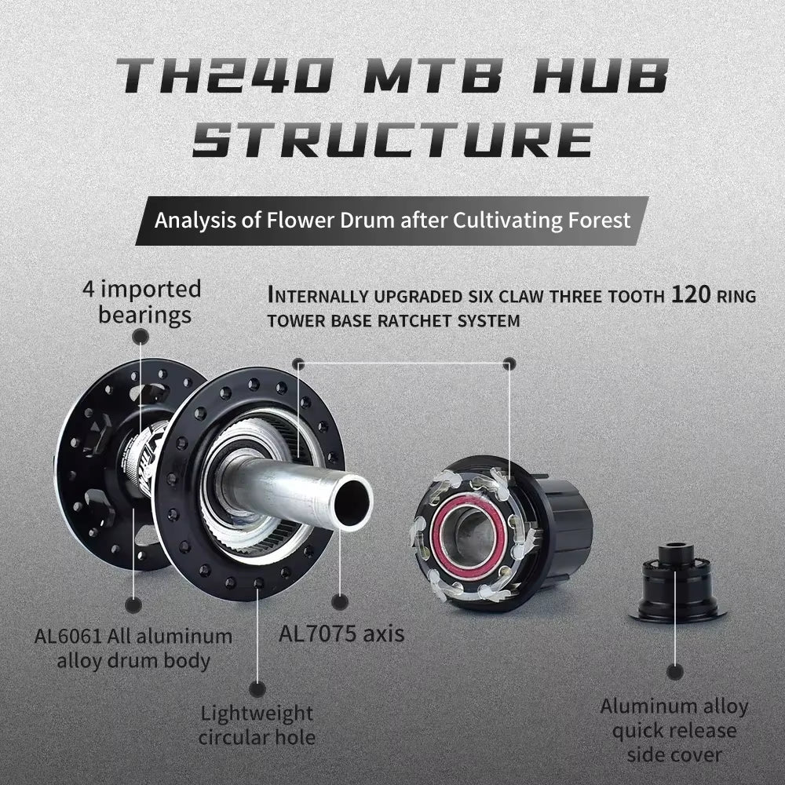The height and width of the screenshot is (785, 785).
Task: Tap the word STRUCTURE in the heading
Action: tap(392, 140)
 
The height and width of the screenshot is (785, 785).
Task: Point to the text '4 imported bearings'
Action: tap(142, 302)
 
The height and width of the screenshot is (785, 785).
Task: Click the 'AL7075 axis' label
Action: tap(341, 633)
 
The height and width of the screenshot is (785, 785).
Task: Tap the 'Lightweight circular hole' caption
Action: tap(256, 725)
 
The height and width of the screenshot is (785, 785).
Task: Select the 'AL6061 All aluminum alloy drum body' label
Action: tap(133, 648)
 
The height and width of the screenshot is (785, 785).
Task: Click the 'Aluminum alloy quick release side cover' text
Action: tap(674, 730)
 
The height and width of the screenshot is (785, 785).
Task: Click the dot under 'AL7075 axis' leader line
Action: tap(340, 602)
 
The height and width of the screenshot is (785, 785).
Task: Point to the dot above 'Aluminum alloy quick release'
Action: tap(674, 671)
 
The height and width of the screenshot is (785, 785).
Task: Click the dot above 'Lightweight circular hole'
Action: tap(257, 689)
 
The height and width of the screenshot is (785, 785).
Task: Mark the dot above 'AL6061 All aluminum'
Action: tap(133, 604)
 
